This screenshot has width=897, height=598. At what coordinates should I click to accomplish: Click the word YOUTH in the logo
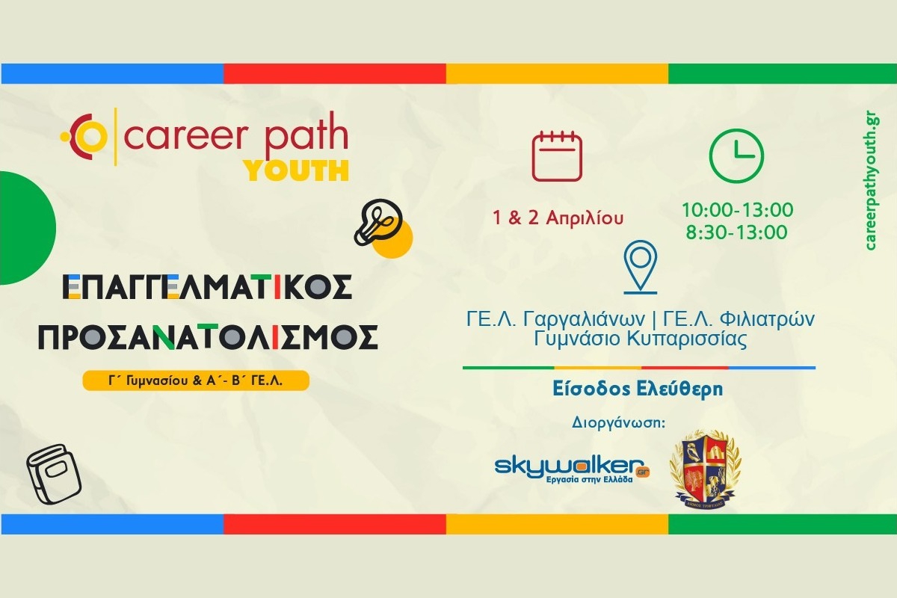coord(297,170)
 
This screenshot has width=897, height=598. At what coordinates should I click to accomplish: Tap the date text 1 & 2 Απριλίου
coord(558,218)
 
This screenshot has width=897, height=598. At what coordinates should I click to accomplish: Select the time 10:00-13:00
coord(737,210)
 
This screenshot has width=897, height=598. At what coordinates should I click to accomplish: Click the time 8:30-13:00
coord(737,232)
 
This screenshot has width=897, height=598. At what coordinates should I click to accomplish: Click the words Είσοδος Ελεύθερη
coord(640,389)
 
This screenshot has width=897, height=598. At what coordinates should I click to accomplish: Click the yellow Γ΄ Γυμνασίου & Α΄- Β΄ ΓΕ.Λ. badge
coord(195,380)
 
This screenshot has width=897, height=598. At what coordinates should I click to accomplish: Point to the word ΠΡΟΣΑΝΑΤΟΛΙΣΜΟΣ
coord(208,339)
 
